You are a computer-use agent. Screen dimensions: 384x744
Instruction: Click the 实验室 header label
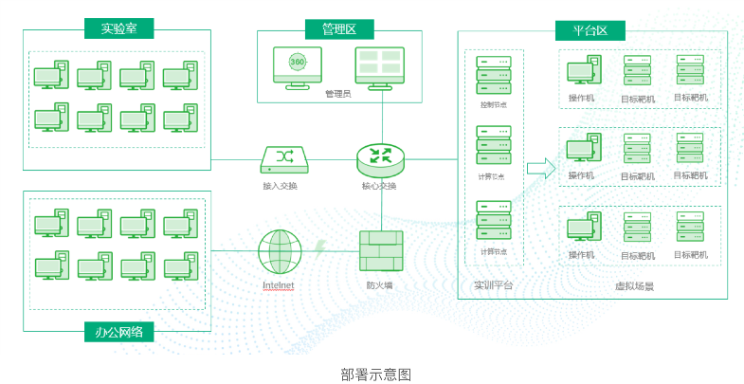[118, 28]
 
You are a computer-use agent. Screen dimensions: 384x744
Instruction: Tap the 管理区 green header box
[339, 29]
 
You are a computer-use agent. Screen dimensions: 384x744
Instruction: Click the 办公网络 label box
[118, 332]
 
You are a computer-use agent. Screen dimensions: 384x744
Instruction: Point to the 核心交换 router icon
[380, 157]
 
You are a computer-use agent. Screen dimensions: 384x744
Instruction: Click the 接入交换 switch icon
[281, 157]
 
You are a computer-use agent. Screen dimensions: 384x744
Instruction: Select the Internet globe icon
[280, 251]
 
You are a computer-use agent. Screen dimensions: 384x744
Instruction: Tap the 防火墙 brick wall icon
[380, 251]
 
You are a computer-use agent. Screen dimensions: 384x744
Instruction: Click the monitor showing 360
[298, 65]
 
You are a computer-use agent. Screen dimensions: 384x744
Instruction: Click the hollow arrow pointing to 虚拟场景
[540, 169]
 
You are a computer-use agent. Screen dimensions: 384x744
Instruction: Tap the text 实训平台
[493, 284]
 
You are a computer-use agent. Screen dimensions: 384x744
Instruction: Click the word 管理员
[337, 94]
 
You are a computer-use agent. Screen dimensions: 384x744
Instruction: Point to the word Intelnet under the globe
[280, 284]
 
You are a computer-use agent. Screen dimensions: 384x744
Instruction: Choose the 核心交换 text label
[379, 186]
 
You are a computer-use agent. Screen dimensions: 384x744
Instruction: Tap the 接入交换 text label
[281, 186]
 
